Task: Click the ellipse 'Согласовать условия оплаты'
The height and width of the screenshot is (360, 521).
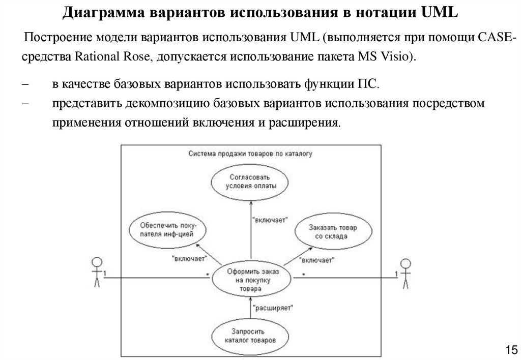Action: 251,182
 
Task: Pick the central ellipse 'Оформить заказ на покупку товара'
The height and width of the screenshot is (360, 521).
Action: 251,280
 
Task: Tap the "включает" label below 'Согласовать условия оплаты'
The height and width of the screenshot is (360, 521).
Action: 270,220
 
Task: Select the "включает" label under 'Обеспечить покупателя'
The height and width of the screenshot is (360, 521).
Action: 189,258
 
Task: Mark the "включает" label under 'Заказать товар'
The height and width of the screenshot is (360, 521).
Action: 316,260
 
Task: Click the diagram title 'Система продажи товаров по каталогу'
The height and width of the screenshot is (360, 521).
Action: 250,153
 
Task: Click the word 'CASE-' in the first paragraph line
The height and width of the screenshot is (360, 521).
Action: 497,38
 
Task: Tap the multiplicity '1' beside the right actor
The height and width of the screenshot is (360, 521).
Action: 397,275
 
